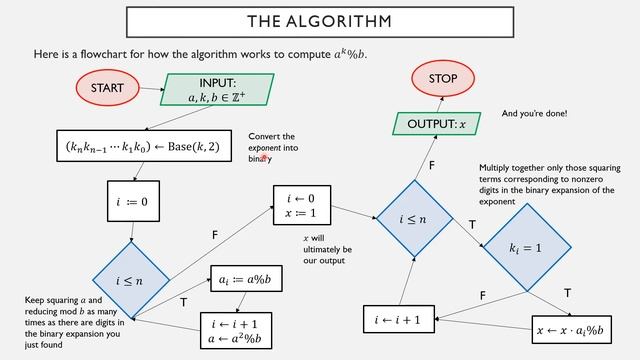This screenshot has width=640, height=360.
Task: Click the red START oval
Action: [107, 88]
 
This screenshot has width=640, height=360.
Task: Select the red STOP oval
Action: [443, 79]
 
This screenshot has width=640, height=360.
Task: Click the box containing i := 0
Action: [132, 201]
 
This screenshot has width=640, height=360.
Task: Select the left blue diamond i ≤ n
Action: [133, 282]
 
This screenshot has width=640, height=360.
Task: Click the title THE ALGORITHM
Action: [319, 21]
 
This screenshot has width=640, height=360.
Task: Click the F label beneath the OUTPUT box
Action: [432, 163]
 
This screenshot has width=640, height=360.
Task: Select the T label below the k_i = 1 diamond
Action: [568, 293]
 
